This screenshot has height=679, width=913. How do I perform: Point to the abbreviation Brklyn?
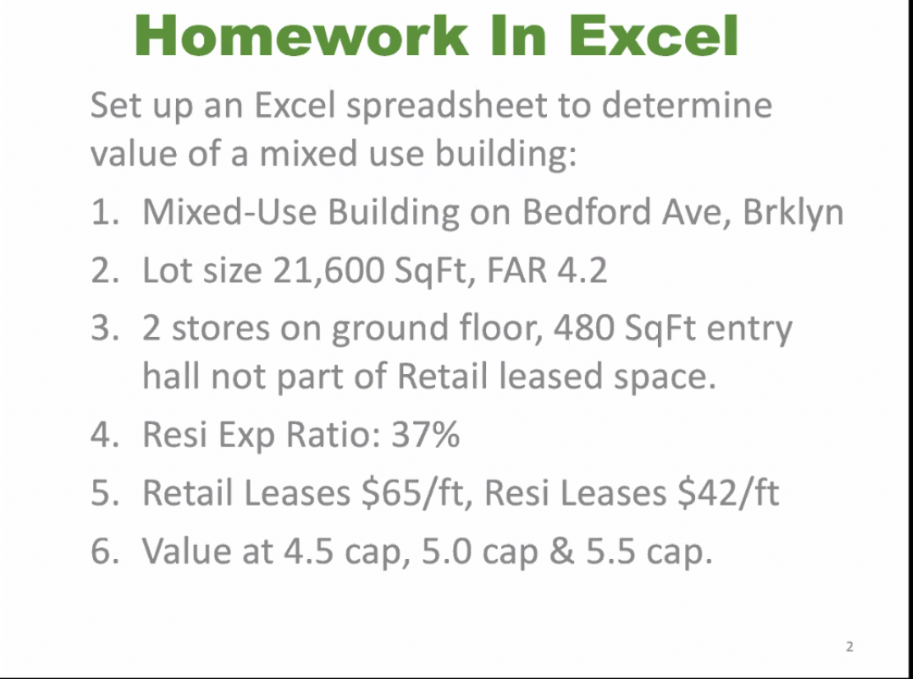tap(792, 212)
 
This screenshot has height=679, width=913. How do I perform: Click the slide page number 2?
tap(850, 647)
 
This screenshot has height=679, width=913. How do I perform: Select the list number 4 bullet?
tap(104, 434)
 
